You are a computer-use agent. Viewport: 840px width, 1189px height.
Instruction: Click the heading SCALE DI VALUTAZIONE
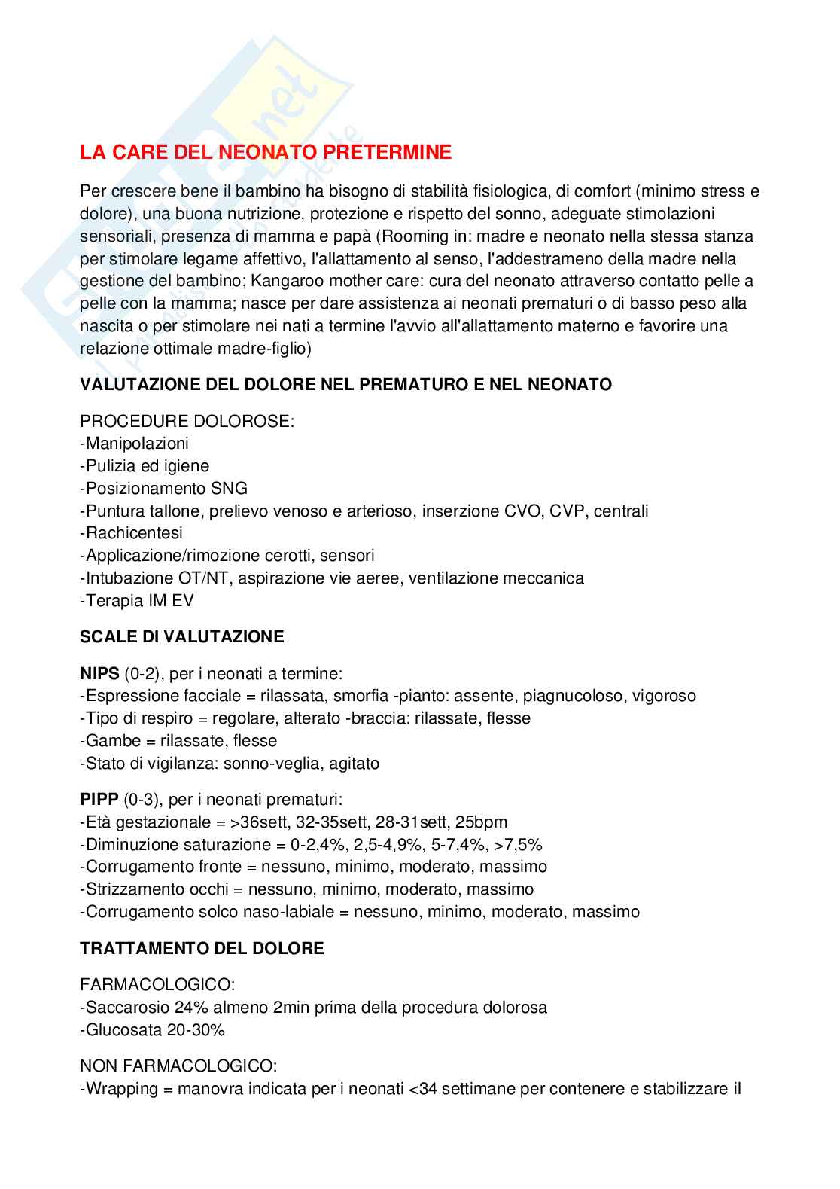182,636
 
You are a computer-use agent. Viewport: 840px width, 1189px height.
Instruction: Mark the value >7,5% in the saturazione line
519,844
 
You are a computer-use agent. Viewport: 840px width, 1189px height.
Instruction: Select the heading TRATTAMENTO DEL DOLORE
202,948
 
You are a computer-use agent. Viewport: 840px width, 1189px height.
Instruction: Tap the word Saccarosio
127,1007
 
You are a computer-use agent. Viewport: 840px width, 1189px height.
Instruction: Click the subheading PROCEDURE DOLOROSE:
187,420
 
